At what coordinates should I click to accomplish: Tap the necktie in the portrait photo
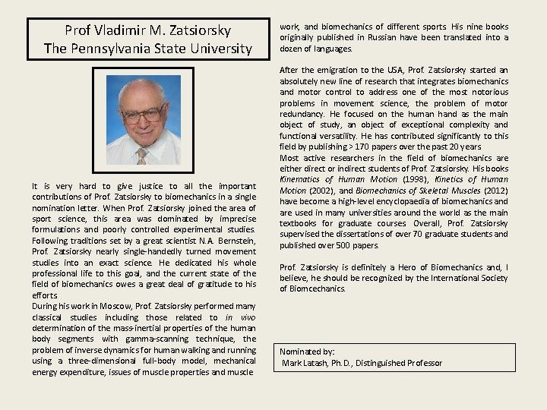pos(141,156)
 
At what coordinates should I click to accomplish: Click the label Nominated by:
pos(307,352)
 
